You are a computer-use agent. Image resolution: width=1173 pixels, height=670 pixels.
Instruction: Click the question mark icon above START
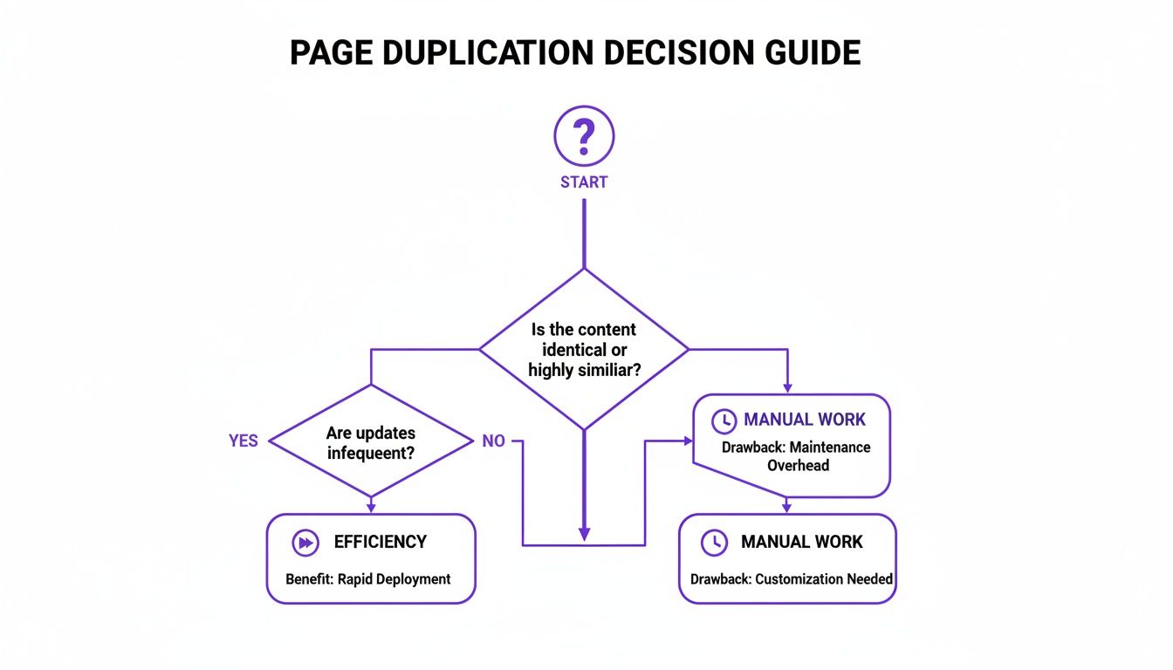584,137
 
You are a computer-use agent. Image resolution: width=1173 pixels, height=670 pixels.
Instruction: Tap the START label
584,182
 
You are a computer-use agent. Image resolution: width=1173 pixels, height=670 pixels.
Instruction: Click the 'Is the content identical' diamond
584,349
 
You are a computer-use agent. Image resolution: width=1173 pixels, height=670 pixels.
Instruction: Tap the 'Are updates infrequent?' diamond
371,441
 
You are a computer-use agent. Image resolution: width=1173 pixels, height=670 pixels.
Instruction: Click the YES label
244,441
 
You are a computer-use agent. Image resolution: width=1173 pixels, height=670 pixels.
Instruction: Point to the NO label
493,441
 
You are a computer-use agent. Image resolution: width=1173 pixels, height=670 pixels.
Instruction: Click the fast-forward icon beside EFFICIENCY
305,543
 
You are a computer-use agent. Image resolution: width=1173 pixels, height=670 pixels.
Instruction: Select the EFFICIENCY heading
380,543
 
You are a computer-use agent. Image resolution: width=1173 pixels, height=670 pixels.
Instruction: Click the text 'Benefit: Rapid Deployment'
368,579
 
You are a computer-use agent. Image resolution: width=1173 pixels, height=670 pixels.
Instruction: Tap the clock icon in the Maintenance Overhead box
724,421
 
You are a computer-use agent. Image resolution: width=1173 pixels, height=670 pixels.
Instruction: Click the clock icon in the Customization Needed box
714,543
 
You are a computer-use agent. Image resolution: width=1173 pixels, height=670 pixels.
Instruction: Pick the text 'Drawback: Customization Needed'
792,579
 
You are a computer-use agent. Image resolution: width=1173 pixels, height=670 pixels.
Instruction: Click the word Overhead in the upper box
798,466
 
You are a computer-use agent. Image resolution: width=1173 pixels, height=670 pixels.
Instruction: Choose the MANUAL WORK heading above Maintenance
805,420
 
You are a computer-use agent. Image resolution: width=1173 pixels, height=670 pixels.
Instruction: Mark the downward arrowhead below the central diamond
584,533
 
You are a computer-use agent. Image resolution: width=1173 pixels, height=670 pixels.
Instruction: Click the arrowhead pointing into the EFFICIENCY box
371,507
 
